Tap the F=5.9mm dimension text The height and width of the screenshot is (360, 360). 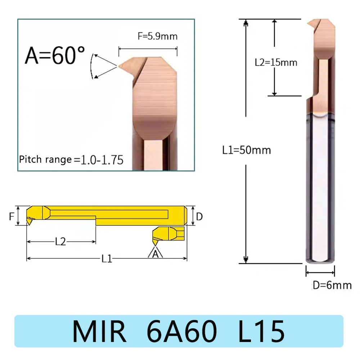click(157, 36)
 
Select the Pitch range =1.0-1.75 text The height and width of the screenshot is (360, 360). click(71, 159)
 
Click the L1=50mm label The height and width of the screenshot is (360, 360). click(246, 149)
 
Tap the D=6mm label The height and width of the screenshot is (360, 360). click(332, 285)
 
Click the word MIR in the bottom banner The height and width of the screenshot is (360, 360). click(99, 332)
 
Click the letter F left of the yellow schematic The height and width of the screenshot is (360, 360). click(11, 216)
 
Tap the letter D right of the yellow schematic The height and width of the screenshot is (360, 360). click(199, 216)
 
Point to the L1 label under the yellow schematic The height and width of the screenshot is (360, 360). click(107, 258)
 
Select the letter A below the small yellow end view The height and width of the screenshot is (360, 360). click(156, 255)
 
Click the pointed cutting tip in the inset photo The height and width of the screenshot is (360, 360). click(120, 66)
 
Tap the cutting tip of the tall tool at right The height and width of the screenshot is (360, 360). click(309, 24)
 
